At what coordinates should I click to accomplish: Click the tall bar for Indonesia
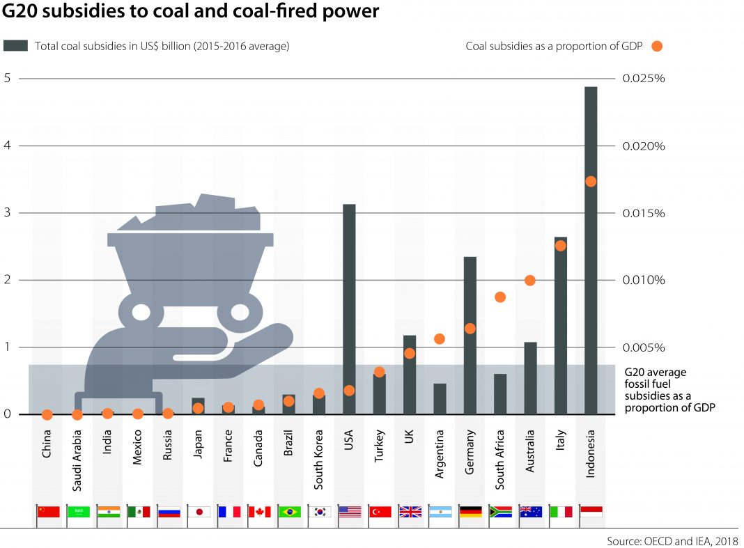point(591,251)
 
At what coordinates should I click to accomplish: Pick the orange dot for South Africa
point(500,297)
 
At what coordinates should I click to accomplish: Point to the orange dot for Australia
point(530,280)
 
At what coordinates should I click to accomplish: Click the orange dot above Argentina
point(440,339)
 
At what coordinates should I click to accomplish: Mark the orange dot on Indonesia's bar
point(591,182)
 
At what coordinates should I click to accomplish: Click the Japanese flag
point(199,512)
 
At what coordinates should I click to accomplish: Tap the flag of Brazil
point(289,512)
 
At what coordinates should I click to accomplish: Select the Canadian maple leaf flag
point(259,512)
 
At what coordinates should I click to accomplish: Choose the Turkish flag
point(380,512)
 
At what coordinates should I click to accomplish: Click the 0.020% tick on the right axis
point(644,146)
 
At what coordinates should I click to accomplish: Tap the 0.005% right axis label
point(644,347)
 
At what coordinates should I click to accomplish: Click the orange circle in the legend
point(656,47)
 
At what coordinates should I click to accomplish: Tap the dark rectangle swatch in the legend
point(15,46)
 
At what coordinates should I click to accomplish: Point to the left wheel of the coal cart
point(141,311)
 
